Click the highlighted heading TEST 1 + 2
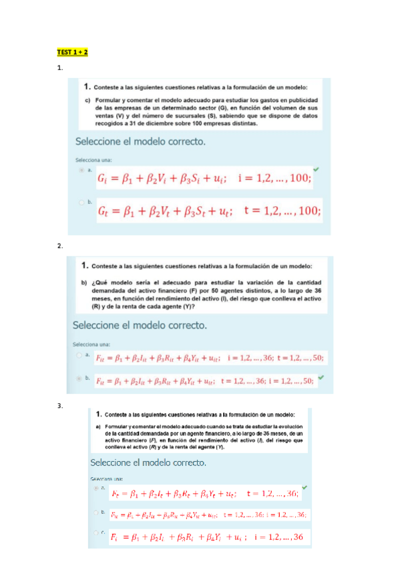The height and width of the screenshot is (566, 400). click(x=73, y=52)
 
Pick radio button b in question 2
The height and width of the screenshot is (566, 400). click(x=80, y=378)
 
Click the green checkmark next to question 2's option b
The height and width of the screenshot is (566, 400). click(x=321, y=376)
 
